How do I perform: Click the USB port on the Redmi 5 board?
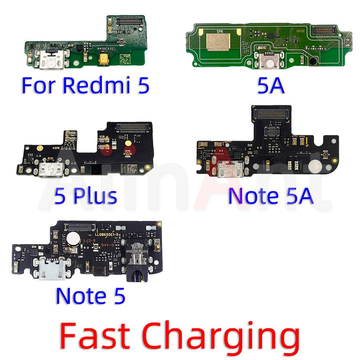(x=49, y=58)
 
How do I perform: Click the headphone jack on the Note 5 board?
(x=136, y=264)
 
